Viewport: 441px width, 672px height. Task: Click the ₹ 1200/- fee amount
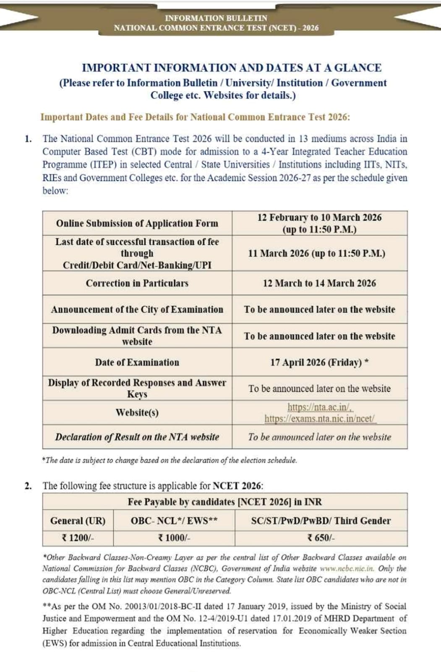coord(78,538)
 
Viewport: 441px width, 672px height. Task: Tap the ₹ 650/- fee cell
coord(321,538)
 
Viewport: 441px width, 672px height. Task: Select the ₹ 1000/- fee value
coord(174,538)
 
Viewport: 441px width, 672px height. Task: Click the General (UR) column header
coord(78,521)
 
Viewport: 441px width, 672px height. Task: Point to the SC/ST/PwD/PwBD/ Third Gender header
coord(321,521)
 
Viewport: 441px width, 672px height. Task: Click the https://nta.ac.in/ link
coord(320,407)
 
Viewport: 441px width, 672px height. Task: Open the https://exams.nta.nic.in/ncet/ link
coord(320,419)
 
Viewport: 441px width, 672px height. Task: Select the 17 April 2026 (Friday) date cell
coord(319,362)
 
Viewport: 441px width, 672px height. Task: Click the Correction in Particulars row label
coord(137,283)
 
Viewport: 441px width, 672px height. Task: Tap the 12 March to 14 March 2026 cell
coord(319,283)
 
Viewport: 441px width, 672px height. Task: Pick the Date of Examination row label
coord(137,362)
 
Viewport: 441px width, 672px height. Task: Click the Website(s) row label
coord(137,412)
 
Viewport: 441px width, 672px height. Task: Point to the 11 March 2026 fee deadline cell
coord(316,253)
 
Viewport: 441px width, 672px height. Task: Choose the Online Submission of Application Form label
coord(137,223)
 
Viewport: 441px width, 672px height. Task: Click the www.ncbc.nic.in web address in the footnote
coord(347,569)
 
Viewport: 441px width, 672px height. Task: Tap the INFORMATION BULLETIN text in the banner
coord(216,18)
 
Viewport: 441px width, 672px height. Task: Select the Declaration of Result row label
coord(137,437)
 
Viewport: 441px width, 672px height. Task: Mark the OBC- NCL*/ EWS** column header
coord(174,521)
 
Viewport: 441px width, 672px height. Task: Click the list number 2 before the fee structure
coord(28,486)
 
